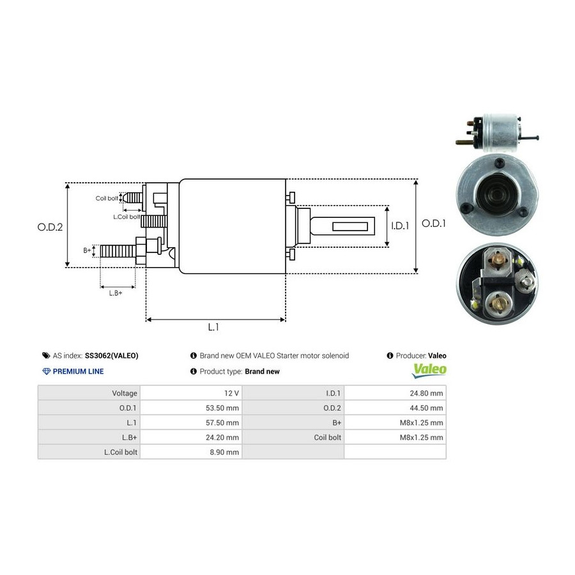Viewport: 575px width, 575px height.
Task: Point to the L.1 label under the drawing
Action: click(213, 326)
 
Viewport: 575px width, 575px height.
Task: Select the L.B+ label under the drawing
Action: click(115, 293)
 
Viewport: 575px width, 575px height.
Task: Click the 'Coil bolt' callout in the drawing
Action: click(107, 198)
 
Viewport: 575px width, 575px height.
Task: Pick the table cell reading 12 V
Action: click(231, 394)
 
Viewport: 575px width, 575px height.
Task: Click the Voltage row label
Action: click(125, 394)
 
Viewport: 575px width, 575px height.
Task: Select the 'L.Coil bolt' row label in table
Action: click(121, 452)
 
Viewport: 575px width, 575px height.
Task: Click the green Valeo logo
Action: click(429, 369)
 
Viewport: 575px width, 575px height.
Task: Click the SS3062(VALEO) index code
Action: click(111, 356)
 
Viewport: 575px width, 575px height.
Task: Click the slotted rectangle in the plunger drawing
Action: click(352, 226)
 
